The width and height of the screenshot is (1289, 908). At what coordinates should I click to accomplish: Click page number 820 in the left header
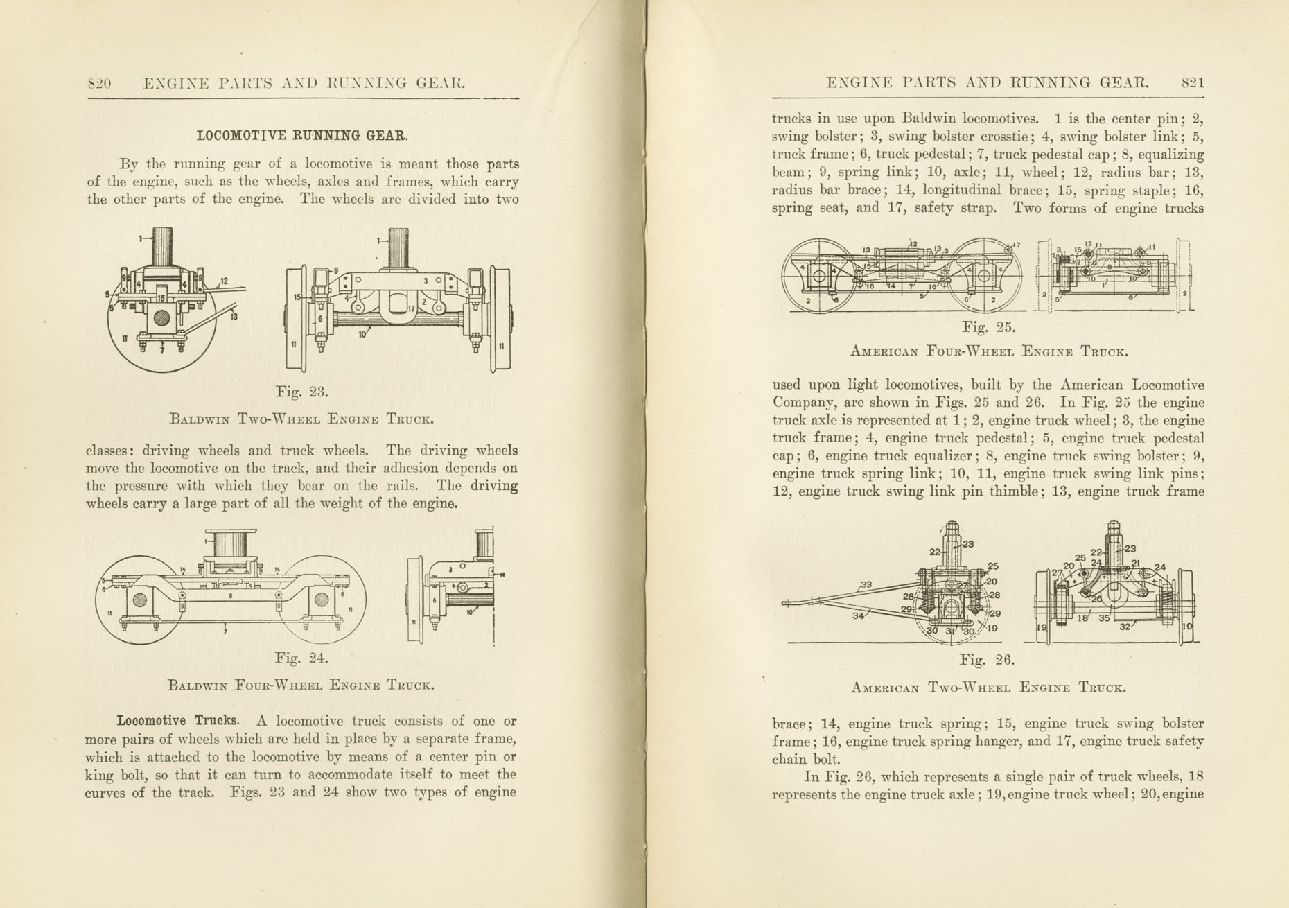pyautogui.click(x=99, y=84)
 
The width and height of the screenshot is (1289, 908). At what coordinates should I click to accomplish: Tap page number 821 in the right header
pyautogui.click(x=1193, y=82)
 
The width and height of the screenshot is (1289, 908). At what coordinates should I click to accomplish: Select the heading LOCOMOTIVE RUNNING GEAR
pyautogui.click(x=302, y=135)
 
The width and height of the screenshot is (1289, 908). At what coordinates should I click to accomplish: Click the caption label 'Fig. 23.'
pyautogui.click(x=301, y=392)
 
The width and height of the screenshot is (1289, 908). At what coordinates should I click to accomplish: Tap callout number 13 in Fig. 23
pyautogui.click(x=234, y=317)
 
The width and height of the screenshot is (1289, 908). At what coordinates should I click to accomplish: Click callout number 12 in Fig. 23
pyautogui.click(x=223, y=282)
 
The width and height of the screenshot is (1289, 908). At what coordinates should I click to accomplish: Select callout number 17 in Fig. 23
pyautogui.click(x=410, y=308)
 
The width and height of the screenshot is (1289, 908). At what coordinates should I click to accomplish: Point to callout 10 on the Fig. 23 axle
pyautogui.click(x=362, y=335)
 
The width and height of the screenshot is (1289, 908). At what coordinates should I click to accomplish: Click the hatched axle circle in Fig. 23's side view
pyautogui.click(x=162, y=318)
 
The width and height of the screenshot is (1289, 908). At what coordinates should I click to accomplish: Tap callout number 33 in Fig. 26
pyautogui.click(x=866, y=585)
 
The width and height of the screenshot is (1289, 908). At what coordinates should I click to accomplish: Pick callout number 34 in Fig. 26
pyautogui.click(x=859, y=615)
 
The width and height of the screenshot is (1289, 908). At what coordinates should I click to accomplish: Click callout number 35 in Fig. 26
pyautogui.click(x=1105, y=618)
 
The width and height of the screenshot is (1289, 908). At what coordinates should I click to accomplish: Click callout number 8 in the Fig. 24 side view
pyautogui.click(x=231, y=595)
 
